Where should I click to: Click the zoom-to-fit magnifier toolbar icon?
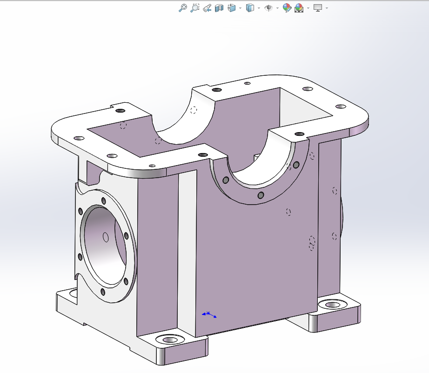point(183,8)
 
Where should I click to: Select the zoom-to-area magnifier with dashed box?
point(195,8)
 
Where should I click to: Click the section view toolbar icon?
point(220,8)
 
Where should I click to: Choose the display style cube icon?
point(250,8)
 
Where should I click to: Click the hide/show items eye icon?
point(268,8)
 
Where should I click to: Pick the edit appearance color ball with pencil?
point(287,8)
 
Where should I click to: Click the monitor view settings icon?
point(318,8)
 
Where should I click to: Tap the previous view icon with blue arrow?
point(208,8)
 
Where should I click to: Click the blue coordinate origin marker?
point(208,314)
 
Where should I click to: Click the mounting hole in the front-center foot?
point(170,340)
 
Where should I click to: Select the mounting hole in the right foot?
point(332,305)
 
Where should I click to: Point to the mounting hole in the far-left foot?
point(73,293)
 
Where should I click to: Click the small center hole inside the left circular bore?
point(106,238)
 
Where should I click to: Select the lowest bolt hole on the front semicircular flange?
point(261,194)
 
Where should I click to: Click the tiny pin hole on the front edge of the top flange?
point(152,166)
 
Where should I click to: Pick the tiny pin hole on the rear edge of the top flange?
point(248,83)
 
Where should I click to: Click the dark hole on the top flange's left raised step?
point(121,111)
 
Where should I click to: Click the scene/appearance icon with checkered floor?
point(299,8)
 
